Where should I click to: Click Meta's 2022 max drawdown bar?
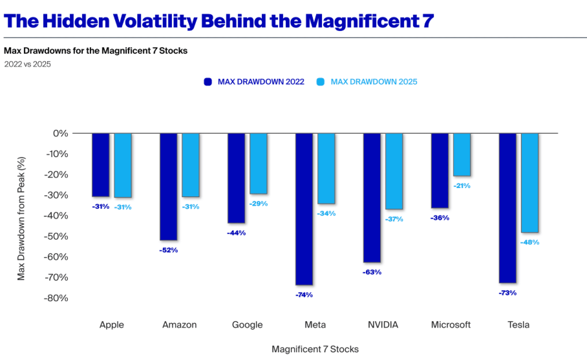tap(304, 209)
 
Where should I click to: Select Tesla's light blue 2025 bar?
tap(529, 182)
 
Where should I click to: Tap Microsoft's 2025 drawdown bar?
tap(462, 154)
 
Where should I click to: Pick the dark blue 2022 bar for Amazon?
tap(168, 186)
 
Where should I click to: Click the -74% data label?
tap(304, 295)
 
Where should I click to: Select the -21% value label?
tap(462, 185)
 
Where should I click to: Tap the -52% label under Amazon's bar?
tap(168, 249)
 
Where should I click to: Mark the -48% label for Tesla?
tap(529, 242)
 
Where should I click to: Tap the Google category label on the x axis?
tap(247, 324)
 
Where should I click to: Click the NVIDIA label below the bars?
tap(383, 324)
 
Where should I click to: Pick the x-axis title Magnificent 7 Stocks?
tap(315, 349)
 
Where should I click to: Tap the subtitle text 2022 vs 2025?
tap(27, 64)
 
